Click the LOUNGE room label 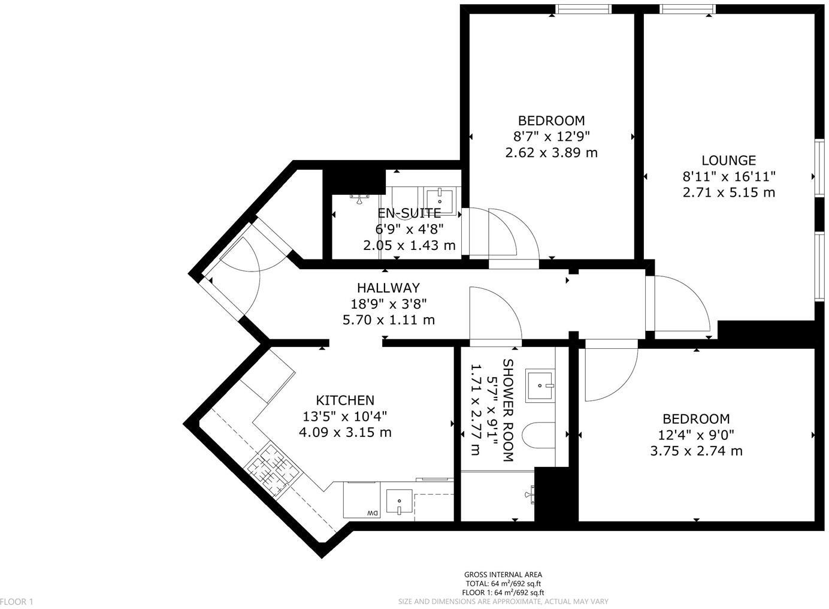click(x=728, y=161)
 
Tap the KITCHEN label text click(x=345, y=400)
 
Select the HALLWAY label click(x=388, y=288)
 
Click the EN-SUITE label click(x=409, y=213)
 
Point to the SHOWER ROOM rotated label click(x=508, y=411)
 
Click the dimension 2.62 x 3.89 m click(x=551, y=153)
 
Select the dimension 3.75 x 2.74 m click(x=696, y=451)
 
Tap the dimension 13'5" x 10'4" click(x=345, y=416)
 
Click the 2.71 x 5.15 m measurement click(x=728, y=192)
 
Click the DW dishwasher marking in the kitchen click(x=372, y=513)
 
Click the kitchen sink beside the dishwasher click(x=399, y=502)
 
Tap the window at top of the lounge click(x=688, y=8)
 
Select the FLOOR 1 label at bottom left click(x=17, y=602)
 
